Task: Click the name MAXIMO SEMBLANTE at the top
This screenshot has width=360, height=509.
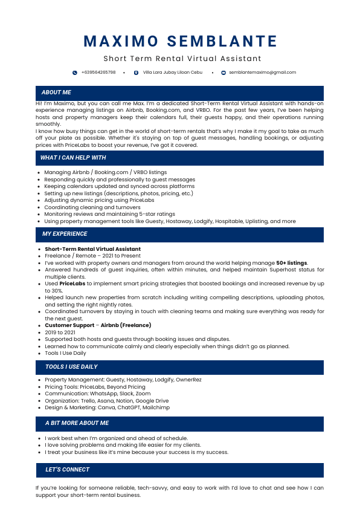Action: [180, 41]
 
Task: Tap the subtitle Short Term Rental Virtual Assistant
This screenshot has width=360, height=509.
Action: [182, 59]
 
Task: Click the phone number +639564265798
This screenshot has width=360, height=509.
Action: [98, 73]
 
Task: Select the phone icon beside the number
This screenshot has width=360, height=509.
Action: [75, 73]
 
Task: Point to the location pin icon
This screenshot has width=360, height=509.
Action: [136, 73]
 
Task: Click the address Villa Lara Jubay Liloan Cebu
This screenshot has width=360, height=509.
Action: [173, 73]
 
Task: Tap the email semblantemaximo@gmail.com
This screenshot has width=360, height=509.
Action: [262, 73]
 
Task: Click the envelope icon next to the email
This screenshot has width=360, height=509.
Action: [223, 73]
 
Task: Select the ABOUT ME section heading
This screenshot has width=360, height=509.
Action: [56, 92]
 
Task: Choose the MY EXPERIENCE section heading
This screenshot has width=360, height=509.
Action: [65, 234]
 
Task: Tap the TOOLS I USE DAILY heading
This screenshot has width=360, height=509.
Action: [71, 367]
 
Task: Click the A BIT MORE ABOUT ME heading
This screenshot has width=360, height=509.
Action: [77, 423]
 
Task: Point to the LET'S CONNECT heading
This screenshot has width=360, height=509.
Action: [67, 470]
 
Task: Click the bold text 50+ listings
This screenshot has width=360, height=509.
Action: [292, 263]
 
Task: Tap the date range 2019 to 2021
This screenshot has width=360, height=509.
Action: [60, 332]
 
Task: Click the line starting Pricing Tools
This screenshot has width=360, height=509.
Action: [95, 387]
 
